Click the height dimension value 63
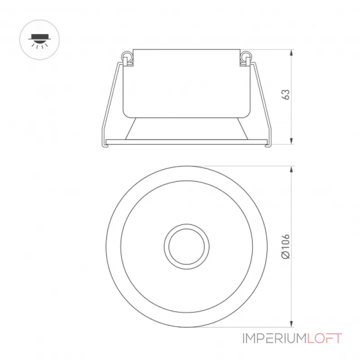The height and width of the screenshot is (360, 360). click(x=286, y=94)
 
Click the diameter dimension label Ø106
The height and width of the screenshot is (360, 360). click(x=286, y=247)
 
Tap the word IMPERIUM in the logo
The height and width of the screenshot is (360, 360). click(x=275, y=338)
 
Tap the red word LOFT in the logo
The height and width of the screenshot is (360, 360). click(x=324, y=338)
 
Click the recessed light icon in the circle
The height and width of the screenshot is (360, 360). click(x=39, y=40)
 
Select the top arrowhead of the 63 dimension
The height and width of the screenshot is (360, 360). click(x=291, y=53)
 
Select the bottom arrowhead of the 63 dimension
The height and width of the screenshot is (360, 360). click(x=291, y=141)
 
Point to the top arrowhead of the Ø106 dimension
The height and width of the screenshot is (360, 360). click(x=291, y=169)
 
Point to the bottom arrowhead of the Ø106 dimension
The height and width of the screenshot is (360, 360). click(x=291, y=324)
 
